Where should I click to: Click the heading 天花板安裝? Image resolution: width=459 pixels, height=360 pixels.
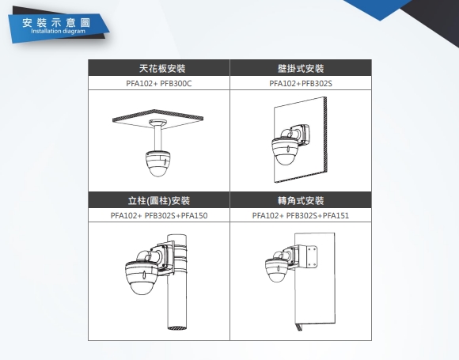click(162, 69)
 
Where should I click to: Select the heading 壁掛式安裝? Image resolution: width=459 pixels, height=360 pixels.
click(301, 69)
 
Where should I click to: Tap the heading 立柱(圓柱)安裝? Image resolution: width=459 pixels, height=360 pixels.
click(159, 200)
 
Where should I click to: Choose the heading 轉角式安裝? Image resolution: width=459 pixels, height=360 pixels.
click(301, 200)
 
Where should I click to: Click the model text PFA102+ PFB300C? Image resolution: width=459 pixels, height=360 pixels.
click(158, 84)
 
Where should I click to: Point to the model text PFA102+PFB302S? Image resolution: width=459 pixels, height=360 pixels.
click(301, 84)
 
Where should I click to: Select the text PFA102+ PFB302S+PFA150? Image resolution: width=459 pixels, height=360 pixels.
click(159, 216)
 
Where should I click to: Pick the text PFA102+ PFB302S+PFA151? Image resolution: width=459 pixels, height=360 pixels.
click(301, 216)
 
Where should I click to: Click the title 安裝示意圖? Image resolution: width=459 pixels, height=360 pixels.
click(56, 23)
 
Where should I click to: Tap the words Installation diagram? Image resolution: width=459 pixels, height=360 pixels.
click(58, 31)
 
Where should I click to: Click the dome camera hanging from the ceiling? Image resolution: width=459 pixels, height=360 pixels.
click(157, 163)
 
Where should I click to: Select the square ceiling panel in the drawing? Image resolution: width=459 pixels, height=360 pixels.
click(158, 119)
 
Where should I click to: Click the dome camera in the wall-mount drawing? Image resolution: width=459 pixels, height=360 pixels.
click(284, 151)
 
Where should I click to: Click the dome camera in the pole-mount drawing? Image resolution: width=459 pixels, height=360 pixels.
click(142, 277)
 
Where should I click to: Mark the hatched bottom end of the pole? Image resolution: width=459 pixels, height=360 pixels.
click(176, 328)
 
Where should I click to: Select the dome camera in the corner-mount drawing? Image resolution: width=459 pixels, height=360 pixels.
click(276, 270)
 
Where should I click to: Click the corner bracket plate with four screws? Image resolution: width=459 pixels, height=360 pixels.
click(312, 256)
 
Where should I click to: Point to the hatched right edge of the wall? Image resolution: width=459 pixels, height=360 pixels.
click(325, 135)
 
